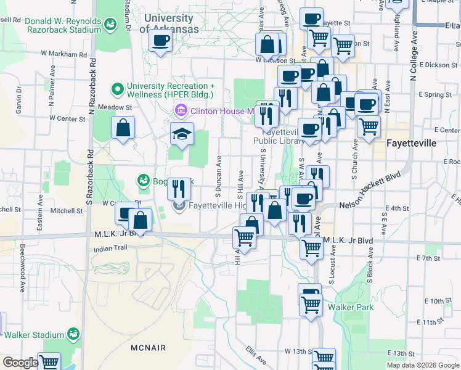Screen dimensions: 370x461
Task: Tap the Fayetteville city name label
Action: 411,143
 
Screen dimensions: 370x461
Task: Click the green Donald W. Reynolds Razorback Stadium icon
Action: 110,25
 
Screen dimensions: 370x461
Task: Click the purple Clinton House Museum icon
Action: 181,111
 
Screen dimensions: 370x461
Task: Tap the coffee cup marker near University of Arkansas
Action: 161,41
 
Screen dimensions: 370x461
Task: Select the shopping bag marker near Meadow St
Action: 123,129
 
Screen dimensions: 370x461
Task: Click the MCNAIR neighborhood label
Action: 148,348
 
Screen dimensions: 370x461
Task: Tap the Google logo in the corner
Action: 20,363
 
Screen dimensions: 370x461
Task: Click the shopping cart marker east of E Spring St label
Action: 368,126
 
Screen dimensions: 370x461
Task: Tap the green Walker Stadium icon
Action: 73,334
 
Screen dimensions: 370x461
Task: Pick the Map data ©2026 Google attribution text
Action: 423,365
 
